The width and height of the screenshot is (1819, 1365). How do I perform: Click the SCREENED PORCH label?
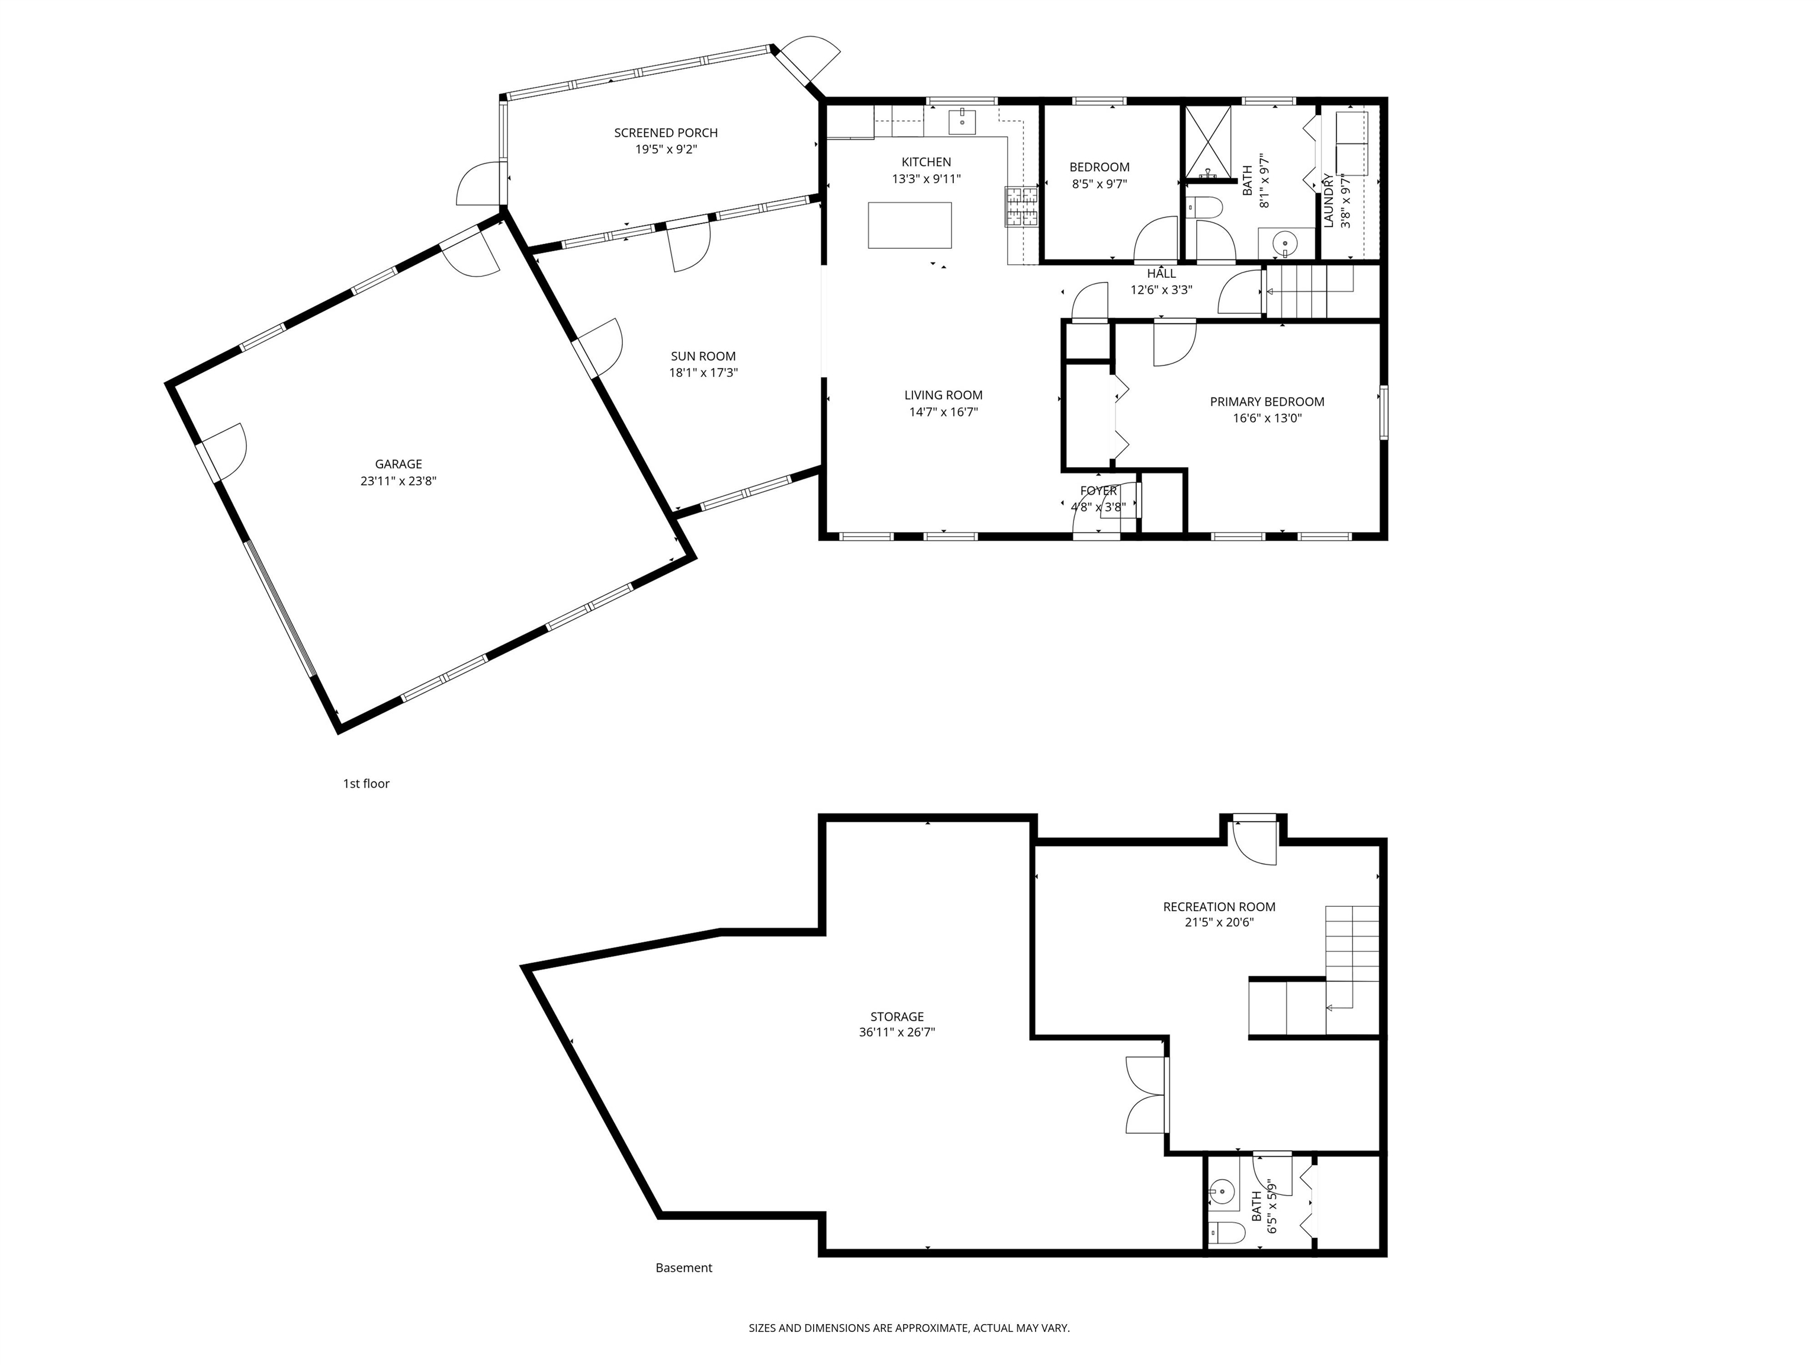666,133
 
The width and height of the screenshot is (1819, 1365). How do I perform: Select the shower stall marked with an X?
1207,142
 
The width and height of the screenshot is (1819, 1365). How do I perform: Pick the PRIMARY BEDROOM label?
1267,402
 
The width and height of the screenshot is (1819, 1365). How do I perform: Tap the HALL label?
1161,273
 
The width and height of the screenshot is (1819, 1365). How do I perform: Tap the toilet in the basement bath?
1227,1232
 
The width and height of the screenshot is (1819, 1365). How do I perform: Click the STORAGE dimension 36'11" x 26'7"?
896,1032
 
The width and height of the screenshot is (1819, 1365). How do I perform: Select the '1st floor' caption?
366,783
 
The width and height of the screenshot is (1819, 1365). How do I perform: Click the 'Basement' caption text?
683,1268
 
